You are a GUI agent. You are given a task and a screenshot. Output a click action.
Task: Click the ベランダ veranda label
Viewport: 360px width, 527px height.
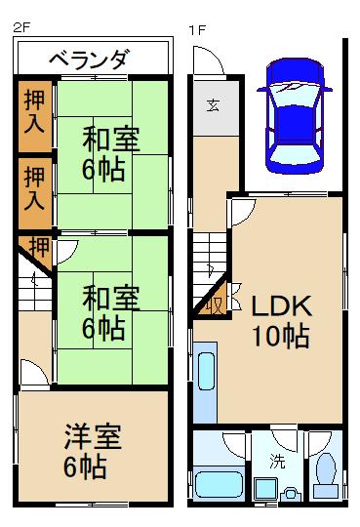[89, 60]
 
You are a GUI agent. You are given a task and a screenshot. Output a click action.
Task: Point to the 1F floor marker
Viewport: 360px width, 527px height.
[196, 29]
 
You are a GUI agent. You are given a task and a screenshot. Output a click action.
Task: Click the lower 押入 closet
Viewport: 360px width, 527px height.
[35, 187]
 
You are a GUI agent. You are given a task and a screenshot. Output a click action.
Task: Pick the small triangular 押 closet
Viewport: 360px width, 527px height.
[37, 247]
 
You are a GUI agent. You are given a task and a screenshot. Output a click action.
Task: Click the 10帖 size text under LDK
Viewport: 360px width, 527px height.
[281, 338]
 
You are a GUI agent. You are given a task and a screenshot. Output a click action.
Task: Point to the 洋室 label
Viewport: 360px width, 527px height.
[94, 434]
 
